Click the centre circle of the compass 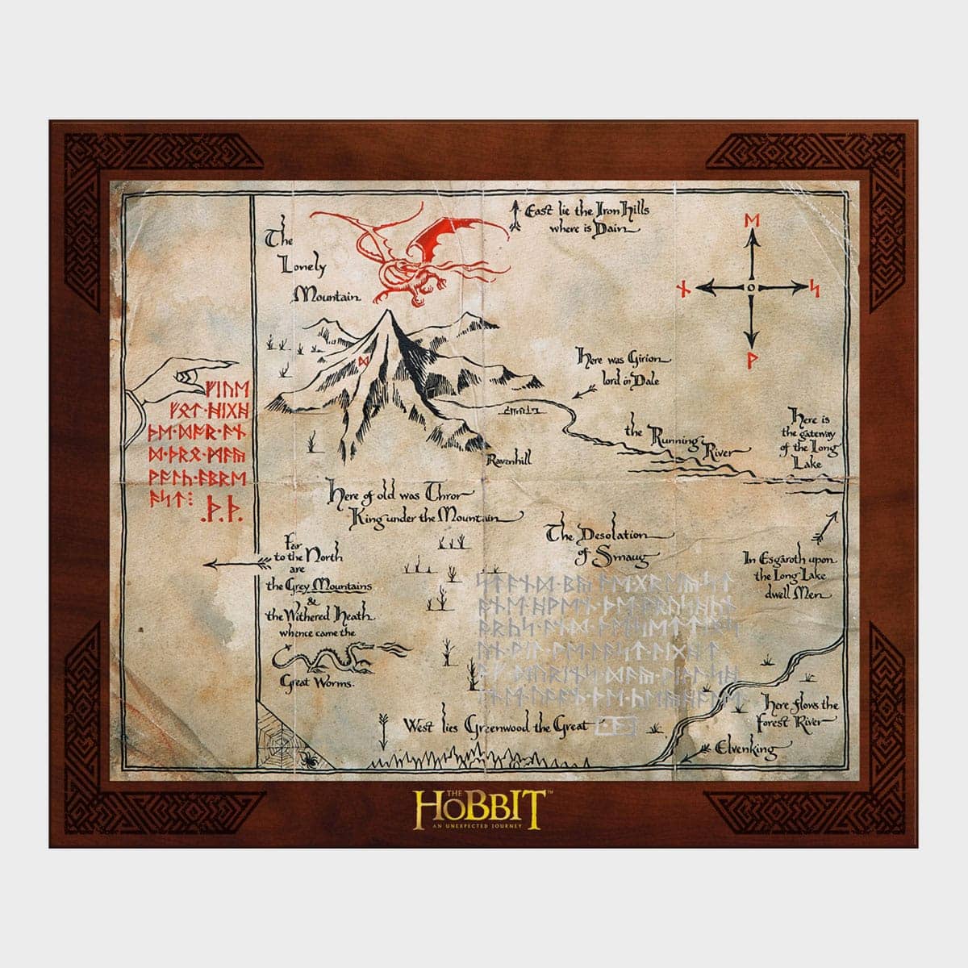751,287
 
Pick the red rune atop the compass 751,221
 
